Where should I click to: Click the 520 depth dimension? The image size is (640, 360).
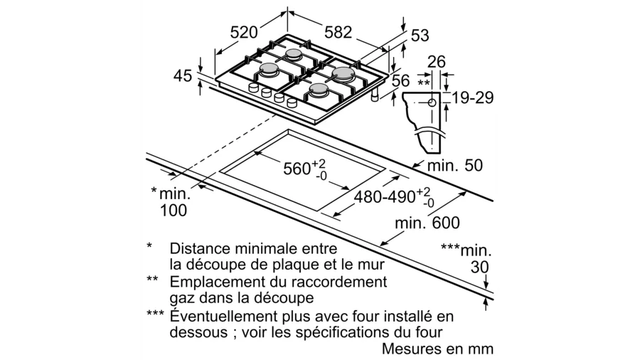point(244,31)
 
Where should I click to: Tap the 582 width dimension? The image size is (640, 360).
point(338,31)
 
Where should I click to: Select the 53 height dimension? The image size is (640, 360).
point(420,35)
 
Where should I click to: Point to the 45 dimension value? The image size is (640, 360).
point(183,75)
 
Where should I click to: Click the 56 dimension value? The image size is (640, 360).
point(401,80)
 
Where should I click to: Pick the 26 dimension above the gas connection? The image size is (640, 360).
point(436,62)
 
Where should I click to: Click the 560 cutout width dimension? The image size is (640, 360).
point(297,169)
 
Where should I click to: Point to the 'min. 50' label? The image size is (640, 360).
point(454,166)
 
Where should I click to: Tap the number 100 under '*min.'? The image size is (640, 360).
point(173,210)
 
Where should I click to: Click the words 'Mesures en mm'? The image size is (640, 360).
point(437,349)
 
